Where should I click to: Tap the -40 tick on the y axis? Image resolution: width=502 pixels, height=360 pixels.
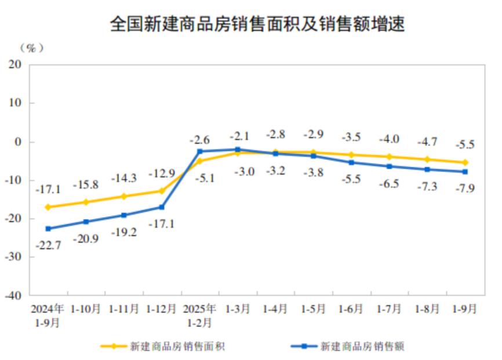[x=14, y=295]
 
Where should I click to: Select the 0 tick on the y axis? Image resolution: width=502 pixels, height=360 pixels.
[x=19, y=141]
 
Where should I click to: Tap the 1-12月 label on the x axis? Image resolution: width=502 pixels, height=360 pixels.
[x=161, y=310]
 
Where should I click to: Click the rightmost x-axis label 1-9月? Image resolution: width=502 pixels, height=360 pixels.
[x=464, y=310]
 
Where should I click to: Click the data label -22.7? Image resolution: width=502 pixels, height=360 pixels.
[x=48, y=245]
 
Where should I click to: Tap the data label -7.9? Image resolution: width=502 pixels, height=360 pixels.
[x=465, y=187]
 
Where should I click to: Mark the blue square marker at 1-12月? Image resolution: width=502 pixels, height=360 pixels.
[x=162, y=207]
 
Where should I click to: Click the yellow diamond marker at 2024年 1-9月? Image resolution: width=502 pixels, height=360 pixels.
[x=48, y=207]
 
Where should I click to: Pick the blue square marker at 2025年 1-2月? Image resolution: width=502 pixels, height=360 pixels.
[x=199, y=151]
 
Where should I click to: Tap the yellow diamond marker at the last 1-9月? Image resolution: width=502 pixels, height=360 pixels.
[x=465, y=163]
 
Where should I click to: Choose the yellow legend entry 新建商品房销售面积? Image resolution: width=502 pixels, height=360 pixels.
[x=168, y=347]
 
